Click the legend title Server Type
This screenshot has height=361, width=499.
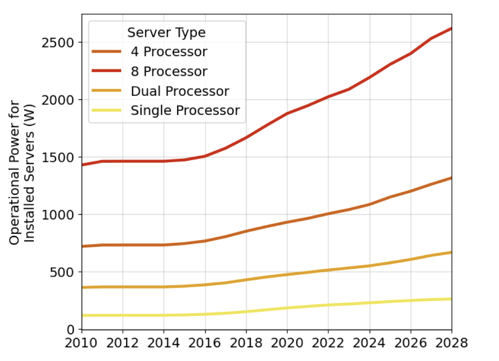[x=166, y=33]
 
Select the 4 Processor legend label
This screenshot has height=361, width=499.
[x=169, y=52]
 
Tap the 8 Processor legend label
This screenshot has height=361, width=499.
[x=169, y=72]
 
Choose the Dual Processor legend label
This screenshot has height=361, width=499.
[x=180, y=91]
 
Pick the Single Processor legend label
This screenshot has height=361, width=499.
[x=185, y=111]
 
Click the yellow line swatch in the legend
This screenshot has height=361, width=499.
[x=107, y=111]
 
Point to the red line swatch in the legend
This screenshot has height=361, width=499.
[x=107, y=72]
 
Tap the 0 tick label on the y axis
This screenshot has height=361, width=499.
[x=71, y=329]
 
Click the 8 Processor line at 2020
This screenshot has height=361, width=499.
[x=287, y=113]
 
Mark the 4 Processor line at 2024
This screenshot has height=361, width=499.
[x=369, y=204]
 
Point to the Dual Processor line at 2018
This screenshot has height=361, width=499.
[x=246, y=280]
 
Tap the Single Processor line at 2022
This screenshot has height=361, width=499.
[x=328, y=305]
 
